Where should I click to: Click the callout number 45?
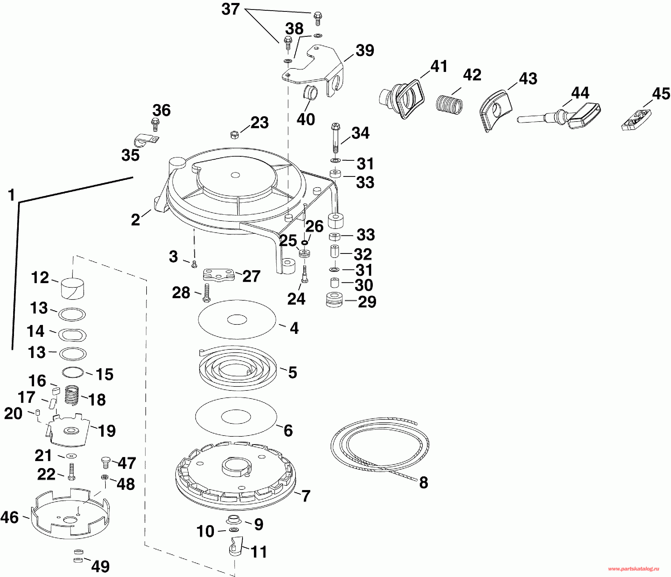click(x=661, y=94)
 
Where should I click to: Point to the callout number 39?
click(x=365, y=50)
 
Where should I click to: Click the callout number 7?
click(x=306, y=496)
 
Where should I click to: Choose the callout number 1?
click(x=12, y=195)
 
